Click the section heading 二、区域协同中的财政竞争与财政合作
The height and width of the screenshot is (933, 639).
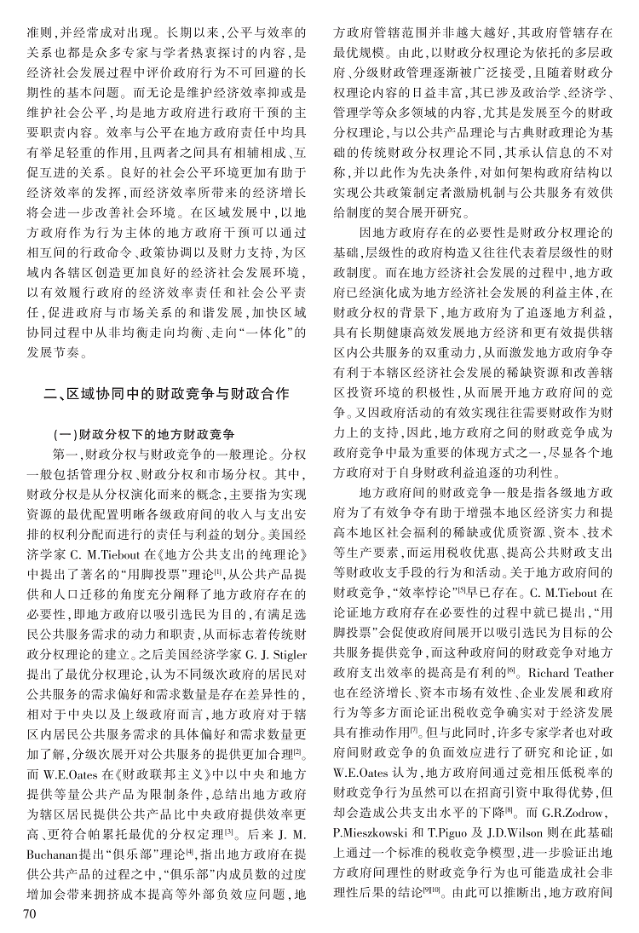tap(167, 394)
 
